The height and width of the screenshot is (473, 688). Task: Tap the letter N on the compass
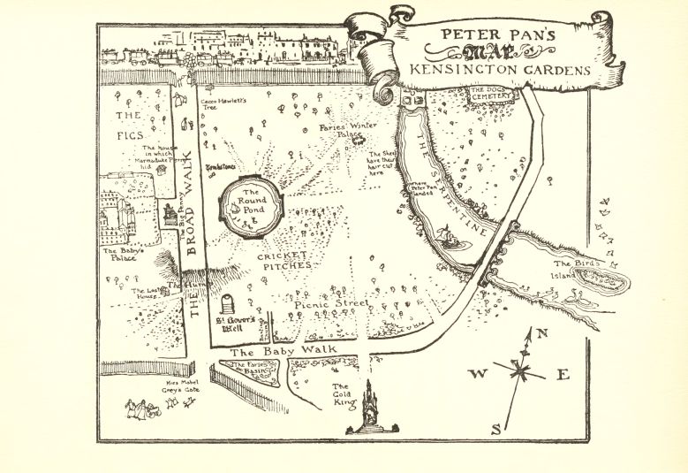(x=543, y=333)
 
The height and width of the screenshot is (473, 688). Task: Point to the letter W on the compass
(x=476, y=374)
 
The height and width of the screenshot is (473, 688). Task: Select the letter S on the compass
(x=496, y=429)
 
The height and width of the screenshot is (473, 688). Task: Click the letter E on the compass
(x=563, y=375)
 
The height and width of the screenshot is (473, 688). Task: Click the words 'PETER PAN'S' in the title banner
(x=498, y=36)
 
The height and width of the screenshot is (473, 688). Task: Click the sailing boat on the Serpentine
(x=448, y=237)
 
